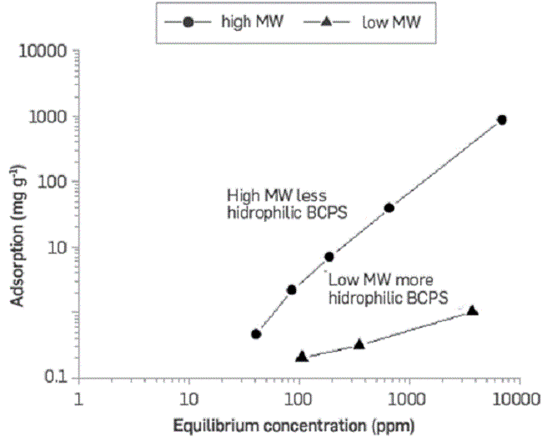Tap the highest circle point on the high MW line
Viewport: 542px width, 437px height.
click(x=502, y=119)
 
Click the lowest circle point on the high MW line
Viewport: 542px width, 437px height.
click(x=256, y=334)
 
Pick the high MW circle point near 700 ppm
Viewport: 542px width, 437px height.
click(x=389, y=208)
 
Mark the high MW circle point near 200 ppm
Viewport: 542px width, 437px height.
click(x=329, y=257)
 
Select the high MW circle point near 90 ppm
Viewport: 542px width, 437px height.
click(x=292, y=289)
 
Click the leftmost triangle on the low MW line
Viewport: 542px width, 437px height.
click(x=302, y=356)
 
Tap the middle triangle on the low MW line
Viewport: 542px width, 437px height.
click(x=359, y=344)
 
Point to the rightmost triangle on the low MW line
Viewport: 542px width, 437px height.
click(x=473, y=310)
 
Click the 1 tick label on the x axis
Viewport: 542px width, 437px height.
click(x=78, y=399)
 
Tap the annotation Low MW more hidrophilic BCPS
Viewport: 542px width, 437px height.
click(x=389, y=288)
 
